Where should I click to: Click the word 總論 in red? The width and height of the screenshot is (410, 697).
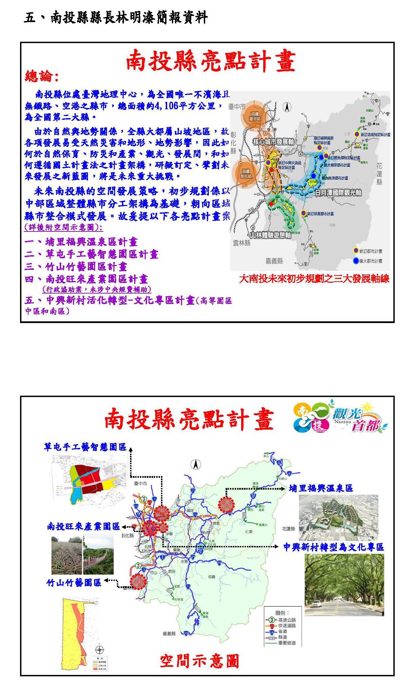point(38,76)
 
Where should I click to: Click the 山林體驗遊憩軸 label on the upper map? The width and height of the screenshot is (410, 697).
point(270,235)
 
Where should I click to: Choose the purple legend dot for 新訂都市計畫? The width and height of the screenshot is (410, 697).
point(356,251)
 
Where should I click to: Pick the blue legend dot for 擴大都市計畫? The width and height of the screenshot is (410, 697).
point(356,261)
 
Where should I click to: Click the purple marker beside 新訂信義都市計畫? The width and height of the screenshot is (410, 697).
point(303,213)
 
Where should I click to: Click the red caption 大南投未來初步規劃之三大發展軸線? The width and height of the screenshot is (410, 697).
point(314,279)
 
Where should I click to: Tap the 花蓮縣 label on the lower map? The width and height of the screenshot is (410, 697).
point(288,529)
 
